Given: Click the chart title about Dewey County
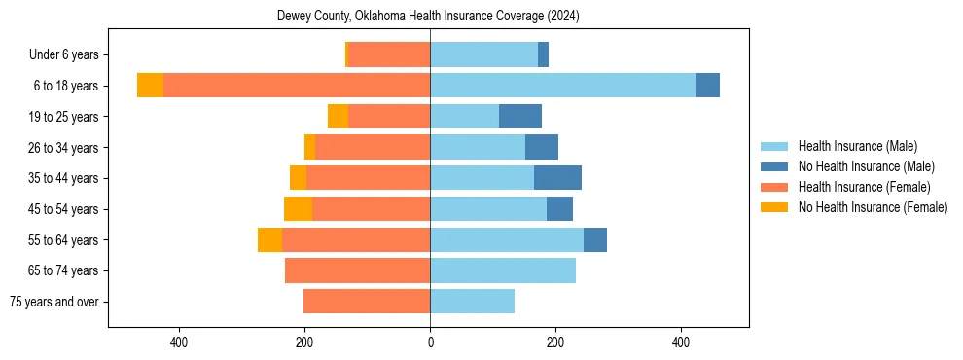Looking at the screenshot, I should coord(428,16).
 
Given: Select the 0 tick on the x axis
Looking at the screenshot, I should coord(430,342).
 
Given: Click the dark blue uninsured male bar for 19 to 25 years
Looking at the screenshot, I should coord(520,117).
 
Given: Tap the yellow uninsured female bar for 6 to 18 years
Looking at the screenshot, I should coord(150,86).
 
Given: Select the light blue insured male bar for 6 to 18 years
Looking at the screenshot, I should coord(563,86).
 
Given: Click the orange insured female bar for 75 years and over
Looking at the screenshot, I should coord(367,302).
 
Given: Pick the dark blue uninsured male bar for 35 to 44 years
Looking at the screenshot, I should coord(557,178).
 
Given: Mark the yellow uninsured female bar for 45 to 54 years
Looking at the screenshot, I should coord(298,209).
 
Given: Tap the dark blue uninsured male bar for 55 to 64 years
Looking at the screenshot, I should coord(595,240).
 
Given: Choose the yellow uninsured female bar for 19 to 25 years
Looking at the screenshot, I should coord(338,117).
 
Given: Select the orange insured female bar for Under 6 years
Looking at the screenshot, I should coord(389,55).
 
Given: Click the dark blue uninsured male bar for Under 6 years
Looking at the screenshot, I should coord(543,55).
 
